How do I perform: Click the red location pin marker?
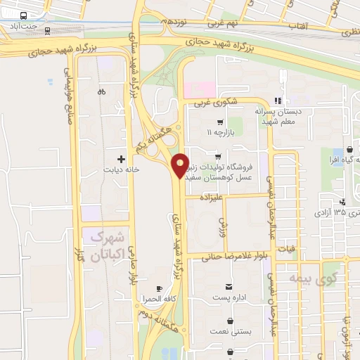[180, 165]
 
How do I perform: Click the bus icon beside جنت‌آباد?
[23, 15]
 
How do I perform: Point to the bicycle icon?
[102, 91]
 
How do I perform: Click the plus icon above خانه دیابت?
[122, 159]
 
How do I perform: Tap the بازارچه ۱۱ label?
[219, 131]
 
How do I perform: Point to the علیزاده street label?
[212, 198]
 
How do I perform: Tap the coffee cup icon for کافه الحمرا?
[159, 288]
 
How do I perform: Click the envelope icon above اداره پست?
[229, 287]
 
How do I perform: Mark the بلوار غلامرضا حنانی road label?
[231, 257]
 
